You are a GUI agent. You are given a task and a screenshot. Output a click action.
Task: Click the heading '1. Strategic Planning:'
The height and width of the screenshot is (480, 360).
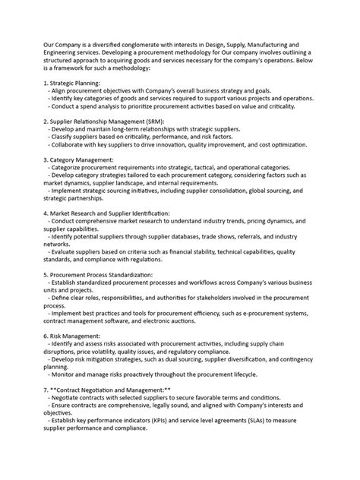coord(77,81)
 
